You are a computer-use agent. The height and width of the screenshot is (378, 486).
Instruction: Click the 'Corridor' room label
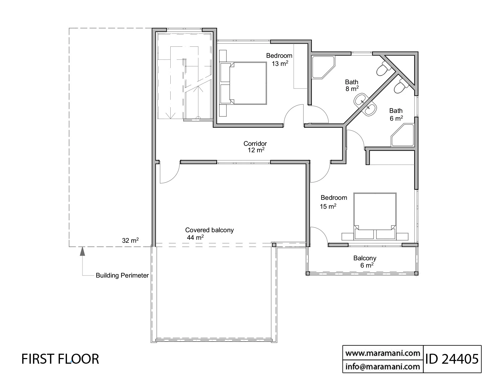255,143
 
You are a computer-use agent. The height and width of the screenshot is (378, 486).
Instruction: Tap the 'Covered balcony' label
209,230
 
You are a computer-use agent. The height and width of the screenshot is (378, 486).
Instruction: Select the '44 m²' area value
195,237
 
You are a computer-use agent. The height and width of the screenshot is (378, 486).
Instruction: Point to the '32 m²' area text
130,240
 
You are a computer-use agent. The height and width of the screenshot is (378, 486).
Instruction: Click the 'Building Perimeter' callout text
122,275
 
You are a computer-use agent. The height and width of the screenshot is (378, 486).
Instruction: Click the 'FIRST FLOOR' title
60,359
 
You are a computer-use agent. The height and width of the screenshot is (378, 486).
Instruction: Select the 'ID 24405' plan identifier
452,359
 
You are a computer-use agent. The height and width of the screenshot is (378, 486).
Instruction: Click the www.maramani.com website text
383,353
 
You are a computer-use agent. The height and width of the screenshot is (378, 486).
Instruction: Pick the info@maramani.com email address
383,366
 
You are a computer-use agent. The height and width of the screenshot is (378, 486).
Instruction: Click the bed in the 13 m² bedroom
248,83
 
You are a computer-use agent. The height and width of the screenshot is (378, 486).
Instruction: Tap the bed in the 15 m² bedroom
375,216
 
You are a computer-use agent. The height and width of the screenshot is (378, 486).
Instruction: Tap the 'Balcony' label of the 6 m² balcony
365,258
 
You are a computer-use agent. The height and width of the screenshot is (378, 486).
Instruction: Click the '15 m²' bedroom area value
328,207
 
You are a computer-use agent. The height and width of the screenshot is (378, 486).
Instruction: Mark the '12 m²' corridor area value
256,150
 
